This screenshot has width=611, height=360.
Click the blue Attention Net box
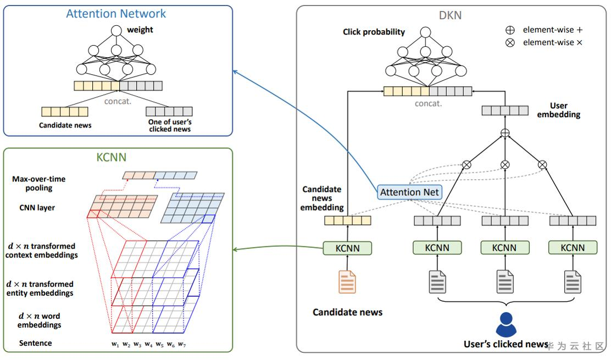(x=409, y=192)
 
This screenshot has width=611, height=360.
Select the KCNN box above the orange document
(x=347, y=248)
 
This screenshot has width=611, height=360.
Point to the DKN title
(x=450, y=15)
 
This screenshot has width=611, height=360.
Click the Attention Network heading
(x=116, y=14)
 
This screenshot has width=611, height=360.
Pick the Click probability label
(x=374, y=32)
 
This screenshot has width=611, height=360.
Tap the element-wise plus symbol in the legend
(x=510, y=30)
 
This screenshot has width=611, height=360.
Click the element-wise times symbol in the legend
(x=510, y=43)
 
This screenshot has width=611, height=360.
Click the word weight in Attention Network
(x=140, y=30)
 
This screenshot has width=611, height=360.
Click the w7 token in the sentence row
(x=182, y=344)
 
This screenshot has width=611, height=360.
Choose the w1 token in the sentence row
(x=115, y=344)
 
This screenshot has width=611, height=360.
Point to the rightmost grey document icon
(x=573, y=281)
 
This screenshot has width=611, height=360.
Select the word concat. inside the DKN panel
(x=429, y=103)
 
